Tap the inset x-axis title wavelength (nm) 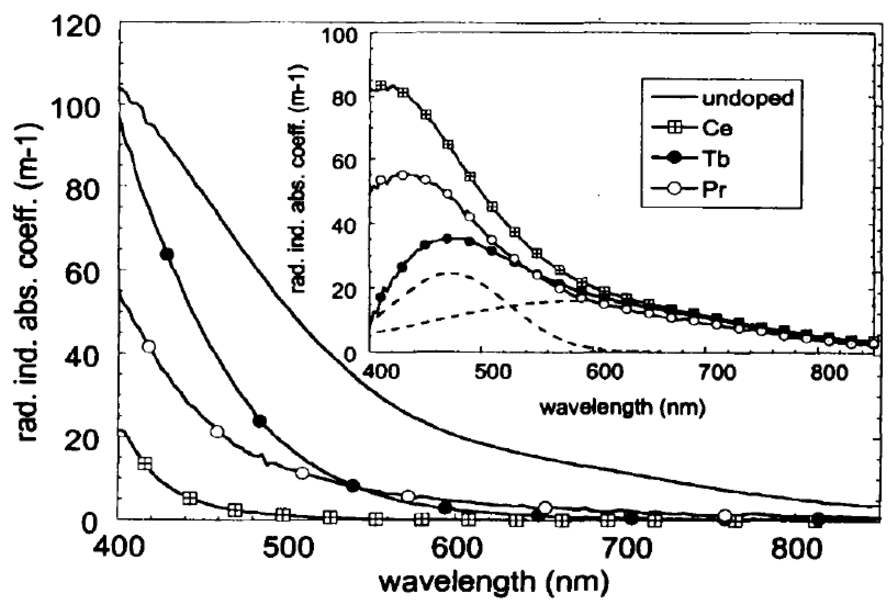coord(623,408)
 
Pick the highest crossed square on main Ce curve coord(145,463)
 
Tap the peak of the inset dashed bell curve coord(453,273)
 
